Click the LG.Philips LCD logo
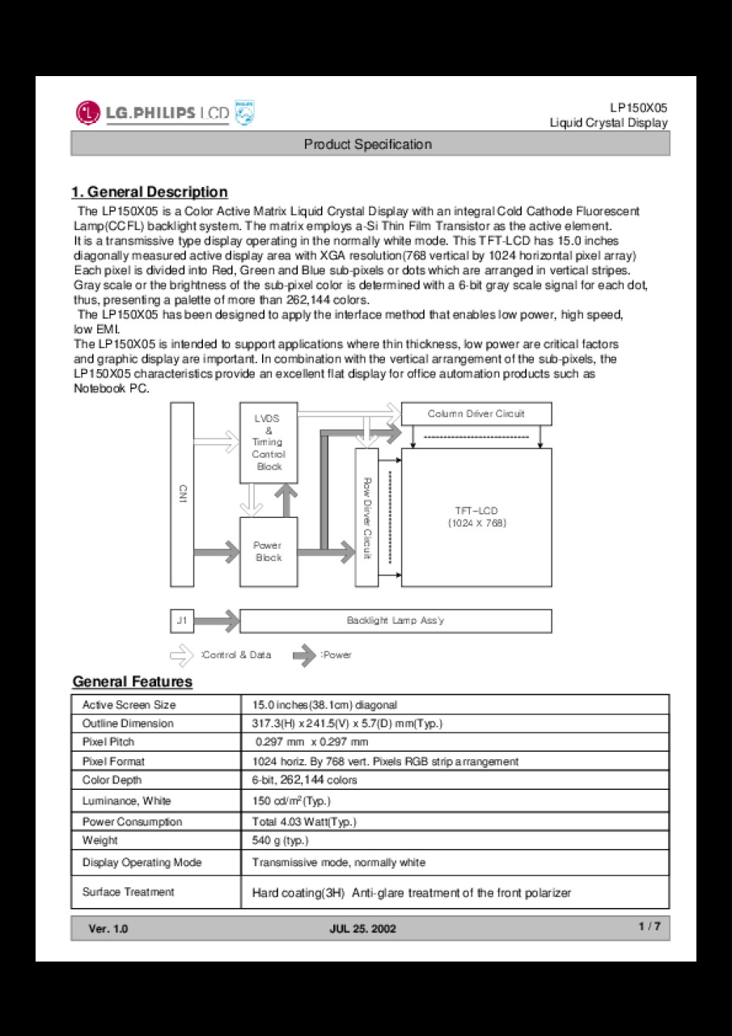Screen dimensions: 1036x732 [165, 113]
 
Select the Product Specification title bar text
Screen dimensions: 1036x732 [368, 144]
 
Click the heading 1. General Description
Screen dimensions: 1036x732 [150, 192]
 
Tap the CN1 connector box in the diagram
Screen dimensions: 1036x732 [182, 494]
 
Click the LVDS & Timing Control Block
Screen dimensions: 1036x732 [268, 443]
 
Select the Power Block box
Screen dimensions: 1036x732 [269, 552]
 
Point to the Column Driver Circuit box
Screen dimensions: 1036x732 [476, 414]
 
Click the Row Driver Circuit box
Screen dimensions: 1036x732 [366, 517]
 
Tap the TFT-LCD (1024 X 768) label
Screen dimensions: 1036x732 [476, 516]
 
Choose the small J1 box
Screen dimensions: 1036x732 [182, 621]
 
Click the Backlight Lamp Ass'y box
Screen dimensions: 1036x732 [396, 621]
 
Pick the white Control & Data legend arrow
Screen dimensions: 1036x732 [183, 655]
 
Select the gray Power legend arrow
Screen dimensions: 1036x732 [304, 655]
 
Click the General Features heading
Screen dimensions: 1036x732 [133, 681]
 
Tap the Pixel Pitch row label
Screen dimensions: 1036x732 [108, 742]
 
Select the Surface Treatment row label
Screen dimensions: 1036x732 [128, 892]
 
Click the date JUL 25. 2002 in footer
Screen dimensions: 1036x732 [363, 929]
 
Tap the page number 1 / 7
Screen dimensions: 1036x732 [649, 928]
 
